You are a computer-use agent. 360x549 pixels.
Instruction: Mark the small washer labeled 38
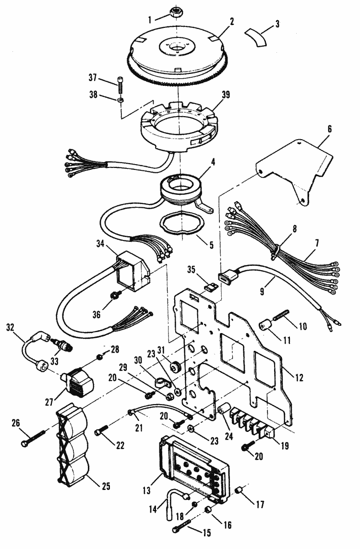pos(122,99)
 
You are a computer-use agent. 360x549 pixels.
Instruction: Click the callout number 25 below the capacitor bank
pos(105,487)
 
